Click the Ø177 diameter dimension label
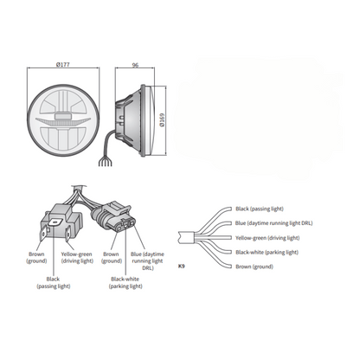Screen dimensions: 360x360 click(x=62, y=64)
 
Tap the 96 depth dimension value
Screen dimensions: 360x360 click(x=135, y=65)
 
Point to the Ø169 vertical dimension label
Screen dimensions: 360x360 click(x=162, y=120)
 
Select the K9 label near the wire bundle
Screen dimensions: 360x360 click(x=181, y=267)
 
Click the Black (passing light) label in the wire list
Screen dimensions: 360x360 click(x=260, y=209)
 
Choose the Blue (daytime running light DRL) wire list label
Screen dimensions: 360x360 click(x=273, y=223)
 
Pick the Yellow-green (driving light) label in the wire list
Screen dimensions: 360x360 click(x=267, y=238)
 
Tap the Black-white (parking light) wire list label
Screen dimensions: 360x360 click(x=267, y=252)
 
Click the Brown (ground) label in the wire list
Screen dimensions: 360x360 click(x=254, y=267)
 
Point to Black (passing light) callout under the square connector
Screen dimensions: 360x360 click(x=54, y=283)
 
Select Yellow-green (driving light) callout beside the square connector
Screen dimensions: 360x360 click(x=77, y=258)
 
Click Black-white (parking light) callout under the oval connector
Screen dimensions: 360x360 click(x=125, y=283)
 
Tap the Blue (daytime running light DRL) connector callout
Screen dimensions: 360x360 click(x=147, y=260)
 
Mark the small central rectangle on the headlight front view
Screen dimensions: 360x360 click(x=63, y=116)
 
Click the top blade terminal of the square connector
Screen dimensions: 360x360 click(x=55, y=222)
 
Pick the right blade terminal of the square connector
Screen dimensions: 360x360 click(x=67, y=235)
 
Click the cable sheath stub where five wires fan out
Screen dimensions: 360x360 click(x=185, y=237)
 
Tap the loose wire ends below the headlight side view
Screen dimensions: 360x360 click(x=105, y=163)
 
